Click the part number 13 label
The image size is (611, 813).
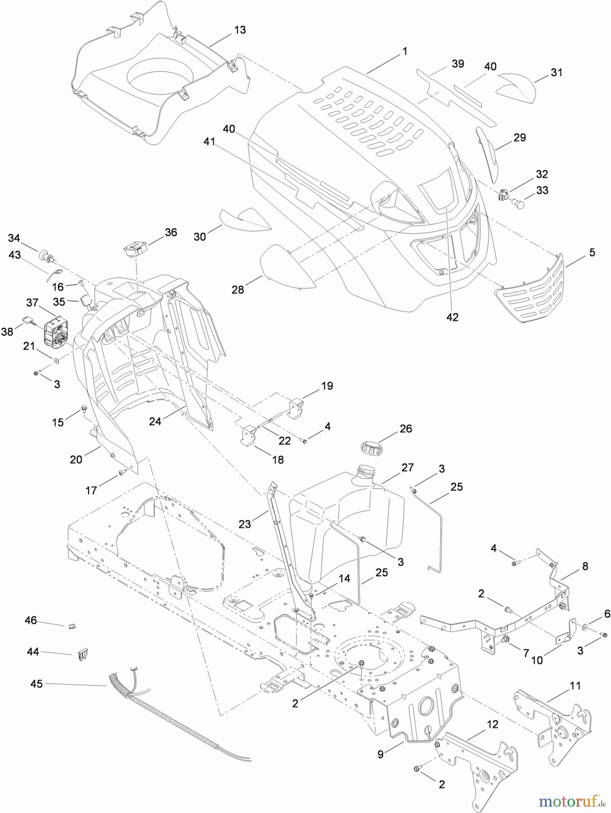click(240, 30)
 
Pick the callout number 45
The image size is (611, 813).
click(36, 684)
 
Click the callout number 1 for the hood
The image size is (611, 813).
click(405, 51)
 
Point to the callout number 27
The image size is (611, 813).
click(407, 467)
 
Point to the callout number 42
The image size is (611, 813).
click(452, 317)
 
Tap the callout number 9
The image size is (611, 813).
click(380, 754)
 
